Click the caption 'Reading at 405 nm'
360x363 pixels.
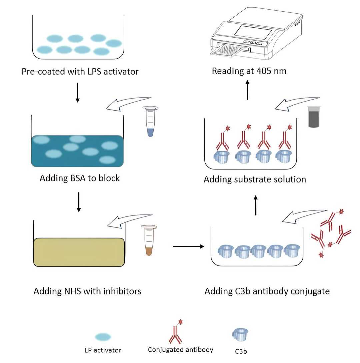[x=249, y=71]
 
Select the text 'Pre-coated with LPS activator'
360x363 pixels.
[x=80, y=71]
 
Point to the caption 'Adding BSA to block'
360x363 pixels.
[x=80, y=178]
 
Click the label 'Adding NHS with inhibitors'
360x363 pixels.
[x=87, y=291]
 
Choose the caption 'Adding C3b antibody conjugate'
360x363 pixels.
[x=267, y=291]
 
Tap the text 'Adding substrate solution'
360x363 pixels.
[x=255, y=180]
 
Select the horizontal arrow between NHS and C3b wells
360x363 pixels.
[x=188, y=246]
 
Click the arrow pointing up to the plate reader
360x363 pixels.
[x=247, y=90]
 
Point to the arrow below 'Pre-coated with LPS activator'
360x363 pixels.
[x=78, y=92]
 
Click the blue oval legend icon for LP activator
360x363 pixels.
[x=103, y=337]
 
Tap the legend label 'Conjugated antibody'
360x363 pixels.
[x=181, y=350]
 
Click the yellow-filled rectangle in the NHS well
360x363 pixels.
[x=79, y=252]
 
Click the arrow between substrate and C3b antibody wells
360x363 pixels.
[x=256, y=205]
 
